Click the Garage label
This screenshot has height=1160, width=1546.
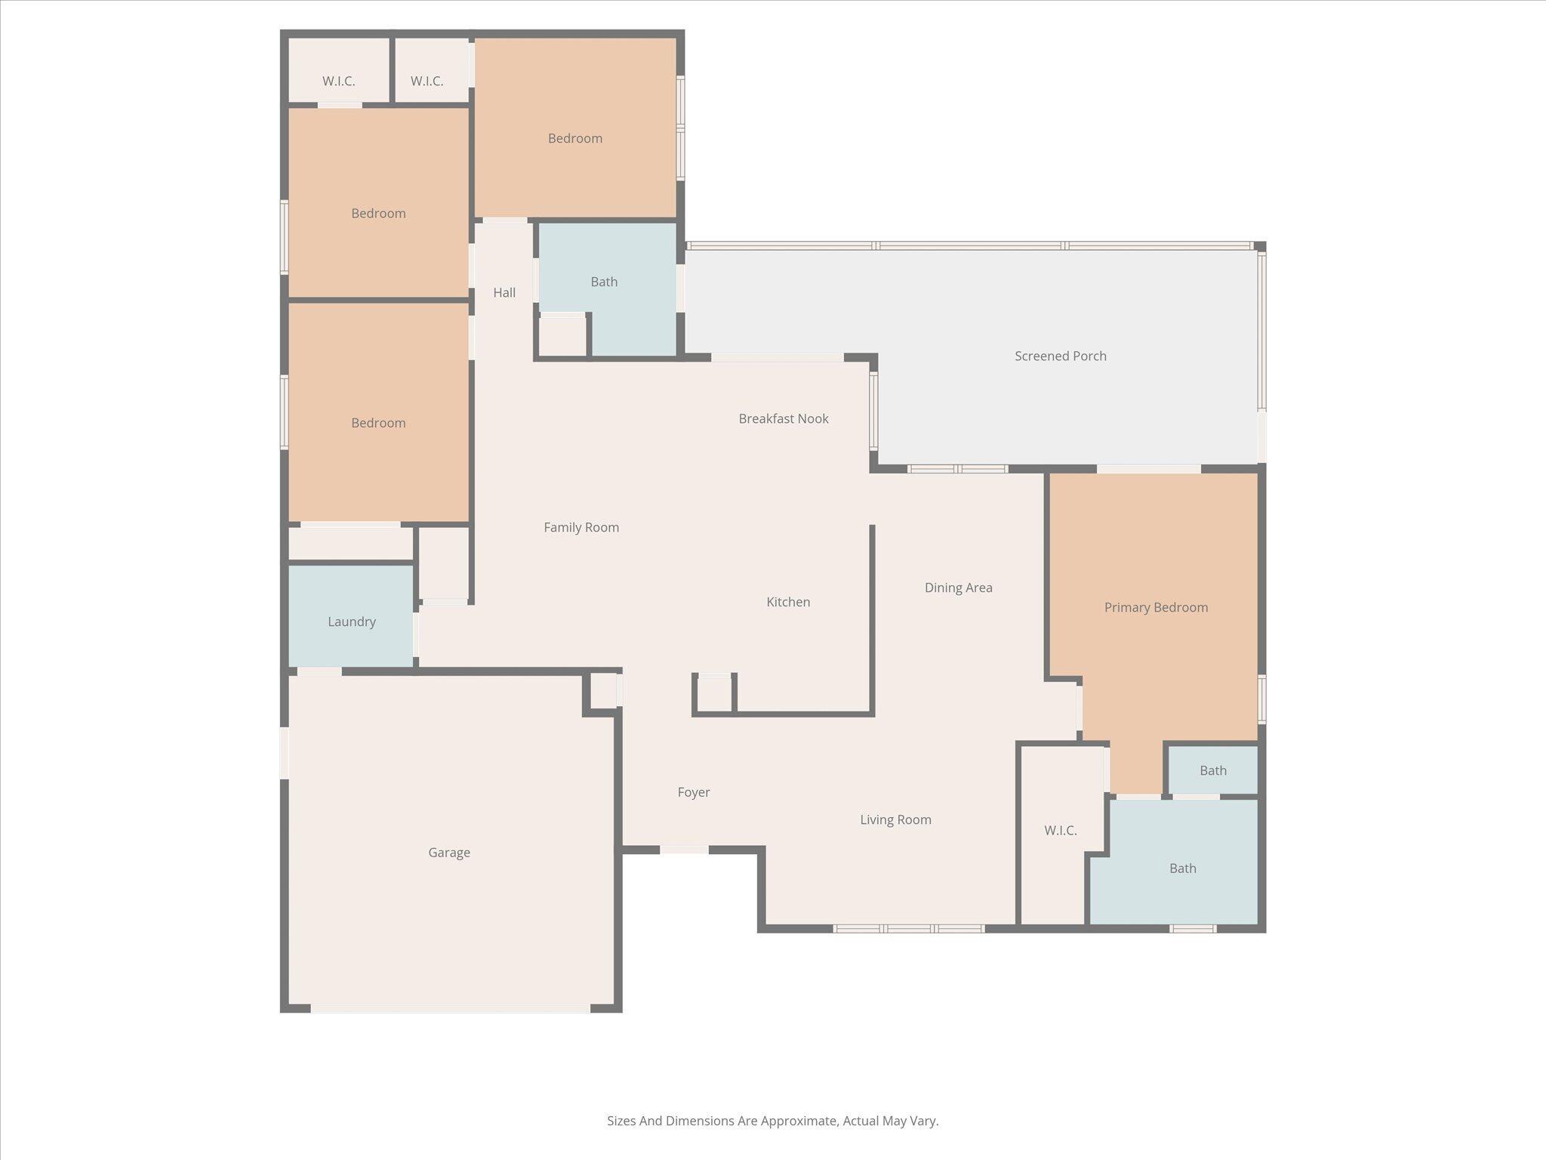click(449, 853)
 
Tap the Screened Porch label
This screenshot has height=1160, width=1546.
click(1060, 356)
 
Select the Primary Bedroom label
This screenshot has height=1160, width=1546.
click(1156, 607)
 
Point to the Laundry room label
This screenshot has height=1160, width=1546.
click(352, 622)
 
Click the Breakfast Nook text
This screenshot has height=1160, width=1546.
click(783, 418)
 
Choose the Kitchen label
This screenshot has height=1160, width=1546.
click(788, 602)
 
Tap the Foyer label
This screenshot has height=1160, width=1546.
click(693, 792)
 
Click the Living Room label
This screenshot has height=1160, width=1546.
click(895, 819)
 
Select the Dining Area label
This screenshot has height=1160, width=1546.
click(958, 588)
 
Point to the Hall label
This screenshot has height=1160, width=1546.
click(504, 292)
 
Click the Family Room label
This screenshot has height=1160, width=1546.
click(581, 527)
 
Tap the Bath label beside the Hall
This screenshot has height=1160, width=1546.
click(604, 282)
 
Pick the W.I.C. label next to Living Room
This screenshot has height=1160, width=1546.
click(1060, 831)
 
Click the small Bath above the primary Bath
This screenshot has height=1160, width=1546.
click(1212, 770)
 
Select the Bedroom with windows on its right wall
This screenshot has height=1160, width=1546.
click(574, 138)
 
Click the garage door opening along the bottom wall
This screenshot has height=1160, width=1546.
click(450, 1008)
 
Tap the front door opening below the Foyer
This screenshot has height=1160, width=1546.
click(684, 850)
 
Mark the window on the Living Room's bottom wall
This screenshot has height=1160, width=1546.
click(908, 928)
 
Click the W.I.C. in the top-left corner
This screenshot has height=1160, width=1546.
click(338, 81)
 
